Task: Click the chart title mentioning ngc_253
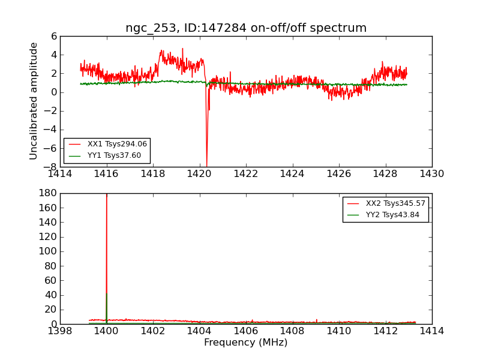tap(245, 28)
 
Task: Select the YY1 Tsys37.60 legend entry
tap(114, 155)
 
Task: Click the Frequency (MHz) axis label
tap(245, 343)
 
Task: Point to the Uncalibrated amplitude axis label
tap(34, 101)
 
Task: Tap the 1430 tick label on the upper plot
tap(431, 174)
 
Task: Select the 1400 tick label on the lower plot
tap(106, 331)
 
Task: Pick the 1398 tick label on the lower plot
tap(60, 331)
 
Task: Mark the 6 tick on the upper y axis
tap(54, 37)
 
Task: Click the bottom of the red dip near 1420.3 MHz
tap(206, 165)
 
